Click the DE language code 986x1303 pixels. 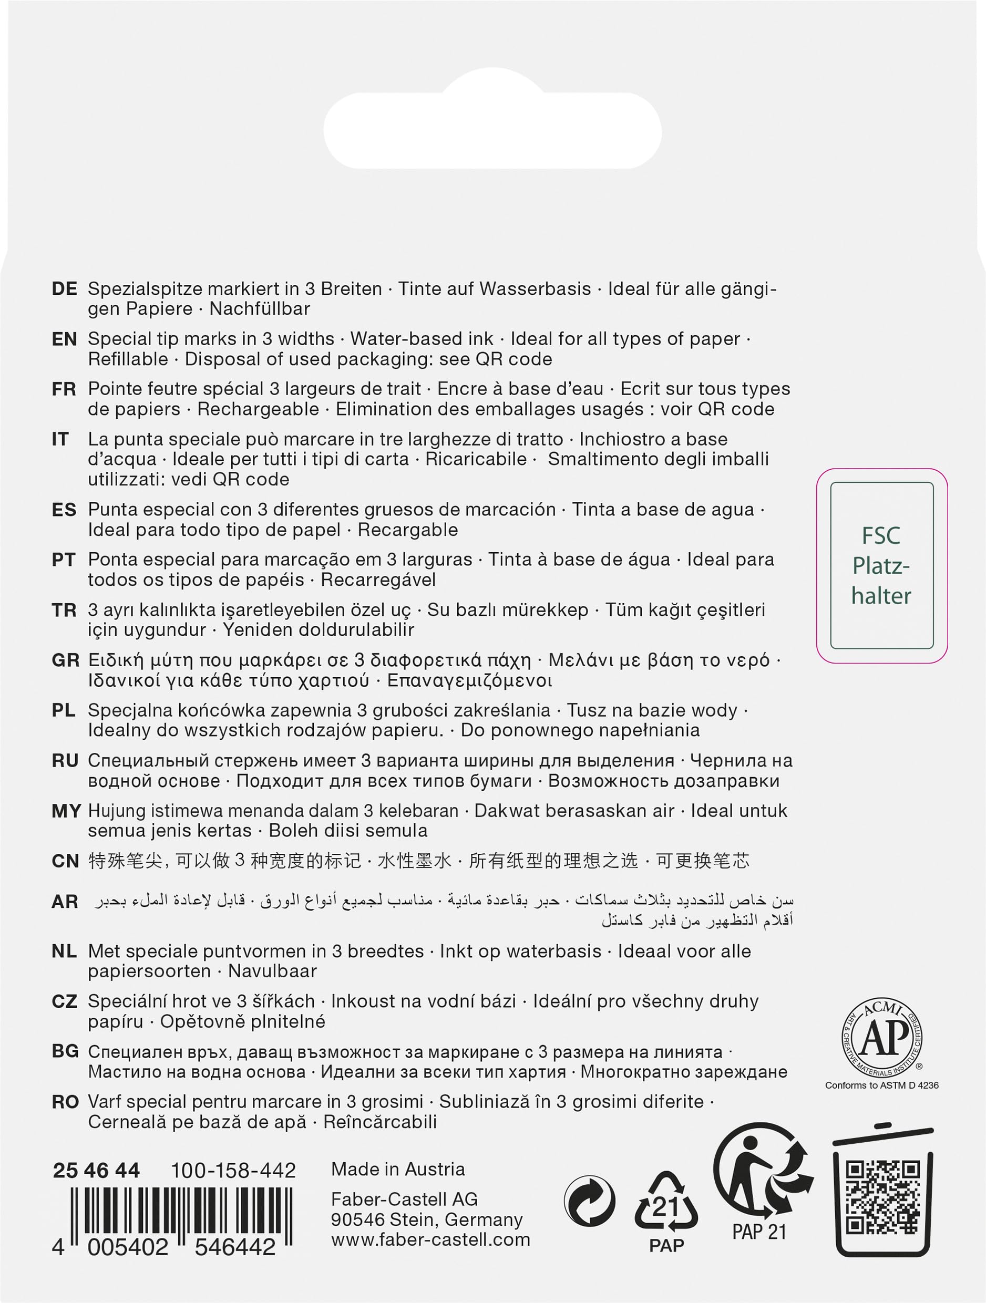(64, 288)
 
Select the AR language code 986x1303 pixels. (65, 901)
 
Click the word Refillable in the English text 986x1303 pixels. (128, 359)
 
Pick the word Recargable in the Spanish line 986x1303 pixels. (407, 530)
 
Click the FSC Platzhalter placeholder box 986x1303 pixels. (881, 565)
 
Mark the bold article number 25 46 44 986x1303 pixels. (96, 1170)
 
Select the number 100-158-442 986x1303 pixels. (233, 1170)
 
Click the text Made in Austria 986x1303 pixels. (398, 1168)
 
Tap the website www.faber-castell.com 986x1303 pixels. (430, 1239)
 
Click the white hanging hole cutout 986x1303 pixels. (492, 128)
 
